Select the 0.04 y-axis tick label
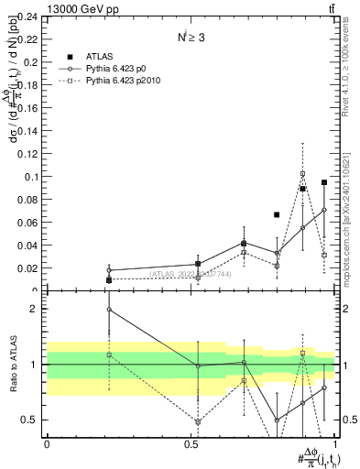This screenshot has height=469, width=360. pyautogui.click(x=28, y=245)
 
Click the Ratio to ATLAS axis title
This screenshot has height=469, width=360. pyautogui.click(x=13, y=365)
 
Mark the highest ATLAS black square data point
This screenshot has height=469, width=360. pyautogui.click(x=324, y=182)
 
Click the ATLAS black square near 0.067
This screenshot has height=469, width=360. pyautogui.click(x=277, y=214)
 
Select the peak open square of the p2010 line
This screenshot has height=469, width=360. pyautogui.click(x=303, y=173)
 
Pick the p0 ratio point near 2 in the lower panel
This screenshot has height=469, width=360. pyautogui.click(x=109, y=310)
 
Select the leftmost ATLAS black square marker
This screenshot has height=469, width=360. pyautogui.click(x=109, y=279)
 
